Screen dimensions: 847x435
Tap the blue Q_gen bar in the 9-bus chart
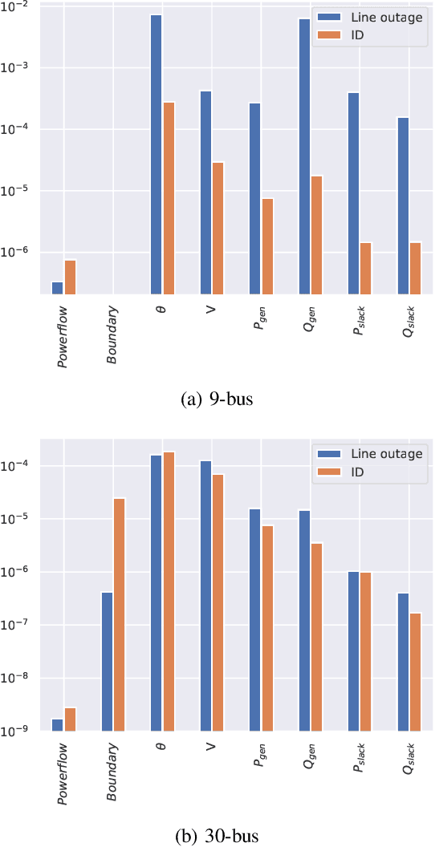point(304,156)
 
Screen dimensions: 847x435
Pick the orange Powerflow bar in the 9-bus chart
point(70,277)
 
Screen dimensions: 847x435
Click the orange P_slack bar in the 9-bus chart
point(365,268)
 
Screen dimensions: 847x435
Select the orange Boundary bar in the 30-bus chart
point(119,614)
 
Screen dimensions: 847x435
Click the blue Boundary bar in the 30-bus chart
point(107,661)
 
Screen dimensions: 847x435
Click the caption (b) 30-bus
point(217,836)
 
